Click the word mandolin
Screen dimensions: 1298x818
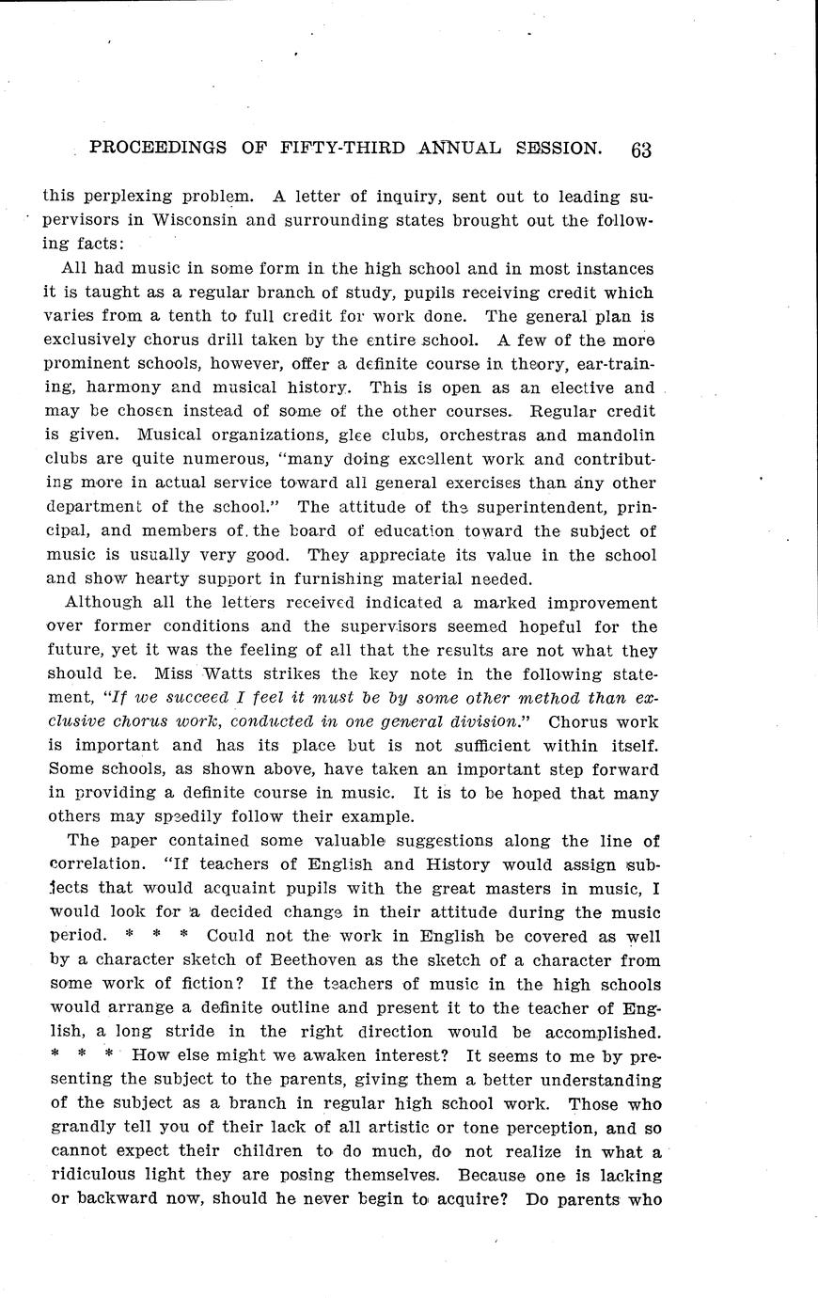tap(615, 435)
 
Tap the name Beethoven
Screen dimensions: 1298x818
tap(324, 960)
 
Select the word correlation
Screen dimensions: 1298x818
tap(100, 864)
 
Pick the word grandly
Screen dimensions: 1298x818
tap(80, 1128)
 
